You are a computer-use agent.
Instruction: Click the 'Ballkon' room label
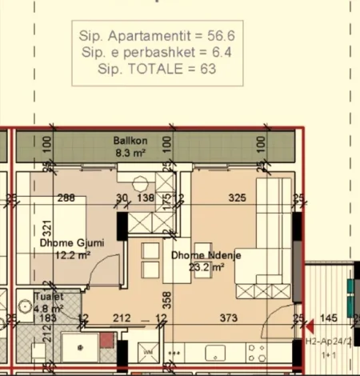(x=128, y=141)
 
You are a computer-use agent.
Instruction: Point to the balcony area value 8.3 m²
(x=128, y=152)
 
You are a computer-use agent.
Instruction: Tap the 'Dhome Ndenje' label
(x=206, y=255)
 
